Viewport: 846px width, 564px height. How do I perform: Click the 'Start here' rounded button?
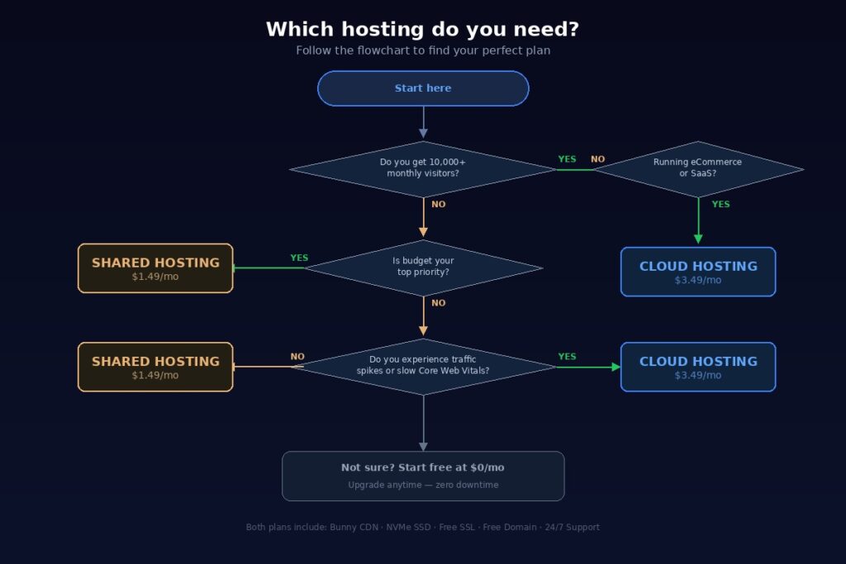tap(423, 88)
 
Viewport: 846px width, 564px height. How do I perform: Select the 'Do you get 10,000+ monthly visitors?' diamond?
tap(423, 168)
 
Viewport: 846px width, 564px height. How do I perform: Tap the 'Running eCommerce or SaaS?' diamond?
tap(698, 168)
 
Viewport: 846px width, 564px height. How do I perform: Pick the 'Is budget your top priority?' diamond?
tap(423, 267)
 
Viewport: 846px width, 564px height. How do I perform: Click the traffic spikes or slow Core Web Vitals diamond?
tap(423, 366)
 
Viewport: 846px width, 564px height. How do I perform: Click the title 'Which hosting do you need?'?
tap(422, 30)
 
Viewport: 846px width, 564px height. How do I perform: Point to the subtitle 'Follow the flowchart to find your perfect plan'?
tap(423, 50)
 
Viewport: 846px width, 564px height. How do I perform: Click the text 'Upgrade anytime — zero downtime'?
tap(423, 485)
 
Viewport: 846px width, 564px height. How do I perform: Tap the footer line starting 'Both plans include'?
tap(423, 527)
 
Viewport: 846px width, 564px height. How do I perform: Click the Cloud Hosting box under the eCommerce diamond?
tap(698, 272)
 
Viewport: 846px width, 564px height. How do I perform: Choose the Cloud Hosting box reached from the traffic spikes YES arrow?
tap(698, 367)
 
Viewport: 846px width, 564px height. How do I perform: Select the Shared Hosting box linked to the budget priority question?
tap(155, 268)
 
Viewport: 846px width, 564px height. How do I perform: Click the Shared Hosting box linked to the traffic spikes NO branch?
tap(155, 367)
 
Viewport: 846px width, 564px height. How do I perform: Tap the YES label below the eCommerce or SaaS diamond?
tap(720, 205)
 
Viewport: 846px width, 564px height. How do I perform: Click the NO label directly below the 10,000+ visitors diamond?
tap(438, 205)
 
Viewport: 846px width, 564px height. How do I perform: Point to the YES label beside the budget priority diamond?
tap(299, 258)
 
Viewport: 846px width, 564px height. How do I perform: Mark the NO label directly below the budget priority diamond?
tap(438, 303)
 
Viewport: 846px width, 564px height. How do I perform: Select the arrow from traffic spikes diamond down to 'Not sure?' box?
tap(423, 423)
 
